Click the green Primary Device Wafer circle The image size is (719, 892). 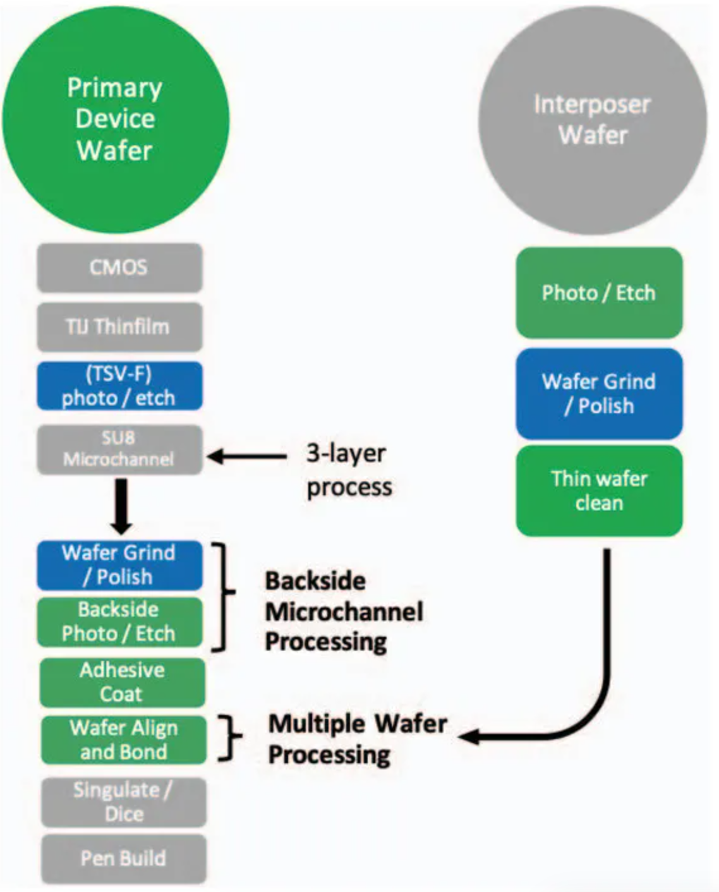[x=116, y=119]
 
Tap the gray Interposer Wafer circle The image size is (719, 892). [x=593, y=120]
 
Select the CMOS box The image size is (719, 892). [x=119, y=268]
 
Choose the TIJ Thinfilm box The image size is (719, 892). [x=119, y=327]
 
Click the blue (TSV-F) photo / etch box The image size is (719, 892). [x=119, y=386]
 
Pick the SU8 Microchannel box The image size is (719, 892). [x=119, y=450]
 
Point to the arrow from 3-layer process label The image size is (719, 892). [x=246, y=457]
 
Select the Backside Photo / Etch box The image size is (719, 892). [x=119, y=622]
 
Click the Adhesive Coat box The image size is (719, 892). [x=123, y=682]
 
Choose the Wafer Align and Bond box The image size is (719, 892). [x=124, y=740]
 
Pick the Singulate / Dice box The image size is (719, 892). [x=124, y=802]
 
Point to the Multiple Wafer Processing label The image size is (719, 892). [x=358, y=740]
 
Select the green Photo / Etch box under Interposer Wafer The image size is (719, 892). [x=599, y=293]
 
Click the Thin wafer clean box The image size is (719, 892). [x=599, y=491]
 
